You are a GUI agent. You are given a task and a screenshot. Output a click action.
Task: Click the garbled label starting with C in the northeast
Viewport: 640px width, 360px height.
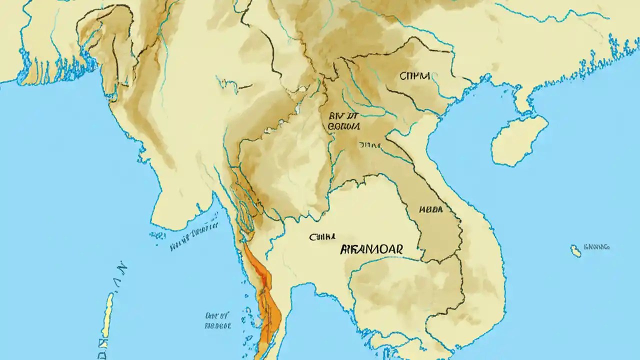(x=414, y=76)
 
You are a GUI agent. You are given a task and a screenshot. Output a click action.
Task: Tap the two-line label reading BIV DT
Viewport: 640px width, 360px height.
(x=344, y=121)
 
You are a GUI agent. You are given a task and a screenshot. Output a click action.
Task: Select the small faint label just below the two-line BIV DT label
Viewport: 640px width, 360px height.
(x=369, y=144)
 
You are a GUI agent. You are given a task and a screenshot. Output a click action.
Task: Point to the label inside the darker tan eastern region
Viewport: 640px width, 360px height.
(x=430, y=209)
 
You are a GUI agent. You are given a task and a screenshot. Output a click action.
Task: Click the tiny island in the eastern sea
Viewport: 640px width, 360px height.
(x=576, y=251)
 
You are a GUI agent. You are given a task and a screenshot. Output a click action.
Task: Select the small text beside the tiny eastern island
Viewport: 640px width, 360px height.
(x=597, y=247)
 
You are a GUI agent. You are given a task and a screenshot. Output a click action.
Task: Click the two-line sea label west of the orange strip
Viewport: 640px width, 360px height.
(x=218, y=320)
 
